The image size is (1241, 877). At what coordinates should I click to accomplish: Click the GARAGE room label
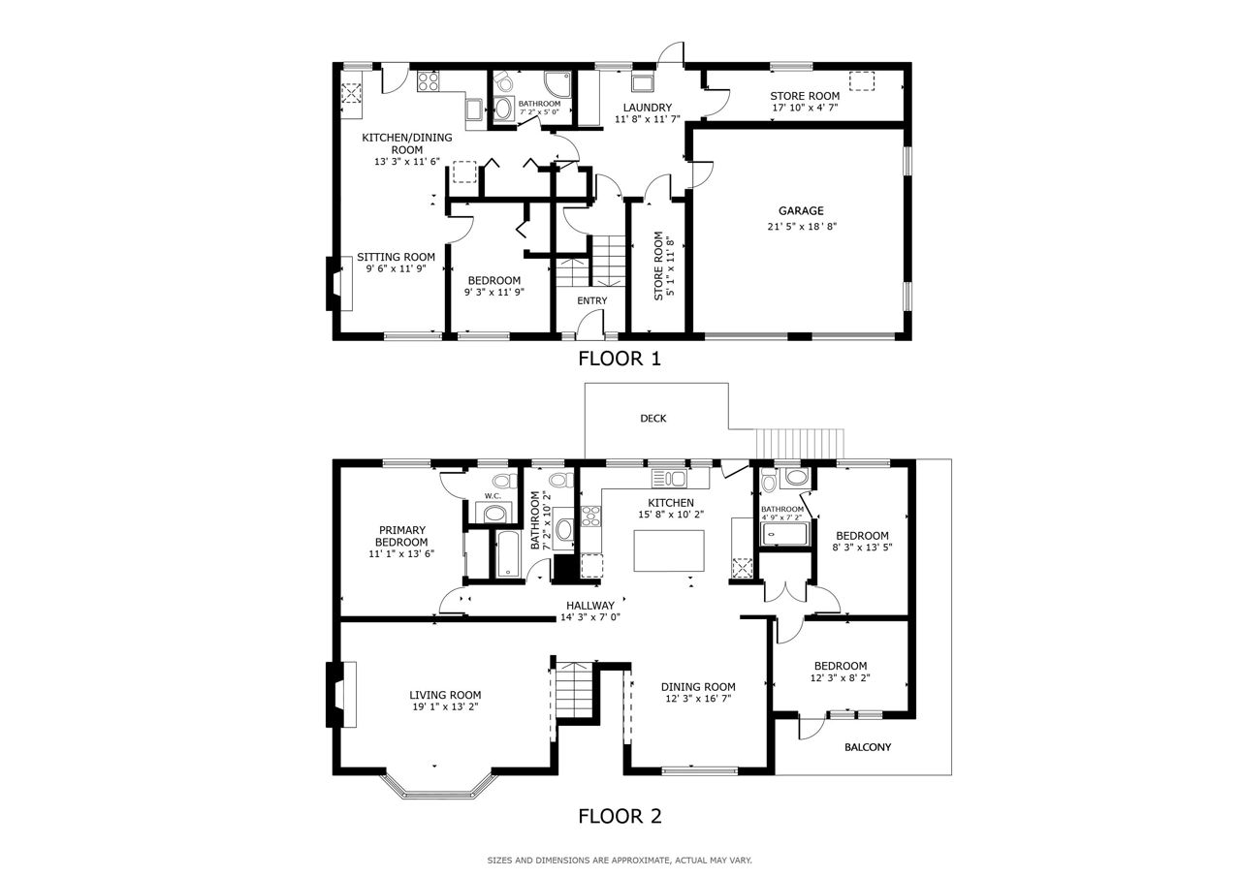[801, 210]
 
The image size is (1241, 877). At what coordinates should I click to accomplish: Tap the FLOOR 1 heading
[620, 359]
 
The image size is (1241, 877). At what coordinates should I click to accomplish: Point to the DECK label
[653, 418]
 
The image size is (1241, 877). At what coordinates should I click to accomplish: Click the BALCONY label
[868, 747]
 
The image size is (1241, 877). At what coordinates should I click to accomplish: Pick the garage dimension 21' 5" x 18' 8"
[802, 226]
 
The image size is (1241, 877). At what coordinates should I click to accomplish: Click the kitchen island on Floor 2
[669, 550]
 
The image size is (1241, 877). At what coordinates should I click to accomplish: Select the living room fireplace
[340, 694]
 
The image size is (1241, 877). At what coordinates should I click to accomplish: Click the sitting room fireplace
[339, 283]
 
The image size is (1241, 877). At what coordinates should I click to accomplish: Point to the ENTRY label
[591, 300]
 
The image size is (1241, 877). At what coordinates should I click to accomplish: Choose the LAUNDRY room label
[647, 108]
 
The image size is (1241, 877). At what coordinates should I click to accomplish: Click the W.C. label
[493, 495]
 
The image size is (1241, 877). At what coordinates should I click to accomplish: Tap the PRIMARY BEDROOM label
[401, 536]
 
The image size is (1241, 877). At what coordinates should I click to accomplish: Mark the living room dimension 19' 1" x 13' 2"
[445, 706]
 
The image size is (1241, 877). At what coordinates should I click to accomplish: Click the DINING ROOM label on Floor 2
[698, 687]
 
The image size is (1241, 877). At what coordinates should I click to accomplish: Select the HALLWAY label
[590, 605]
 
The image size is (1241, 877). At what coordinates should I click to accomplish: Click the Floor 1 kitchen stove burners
[428, 82]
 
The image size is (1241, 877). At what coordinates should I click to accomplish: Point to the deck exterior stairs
[800, 444]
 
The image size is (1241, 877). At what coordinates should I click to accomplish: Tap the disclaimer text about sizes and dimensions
[620, 861]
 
